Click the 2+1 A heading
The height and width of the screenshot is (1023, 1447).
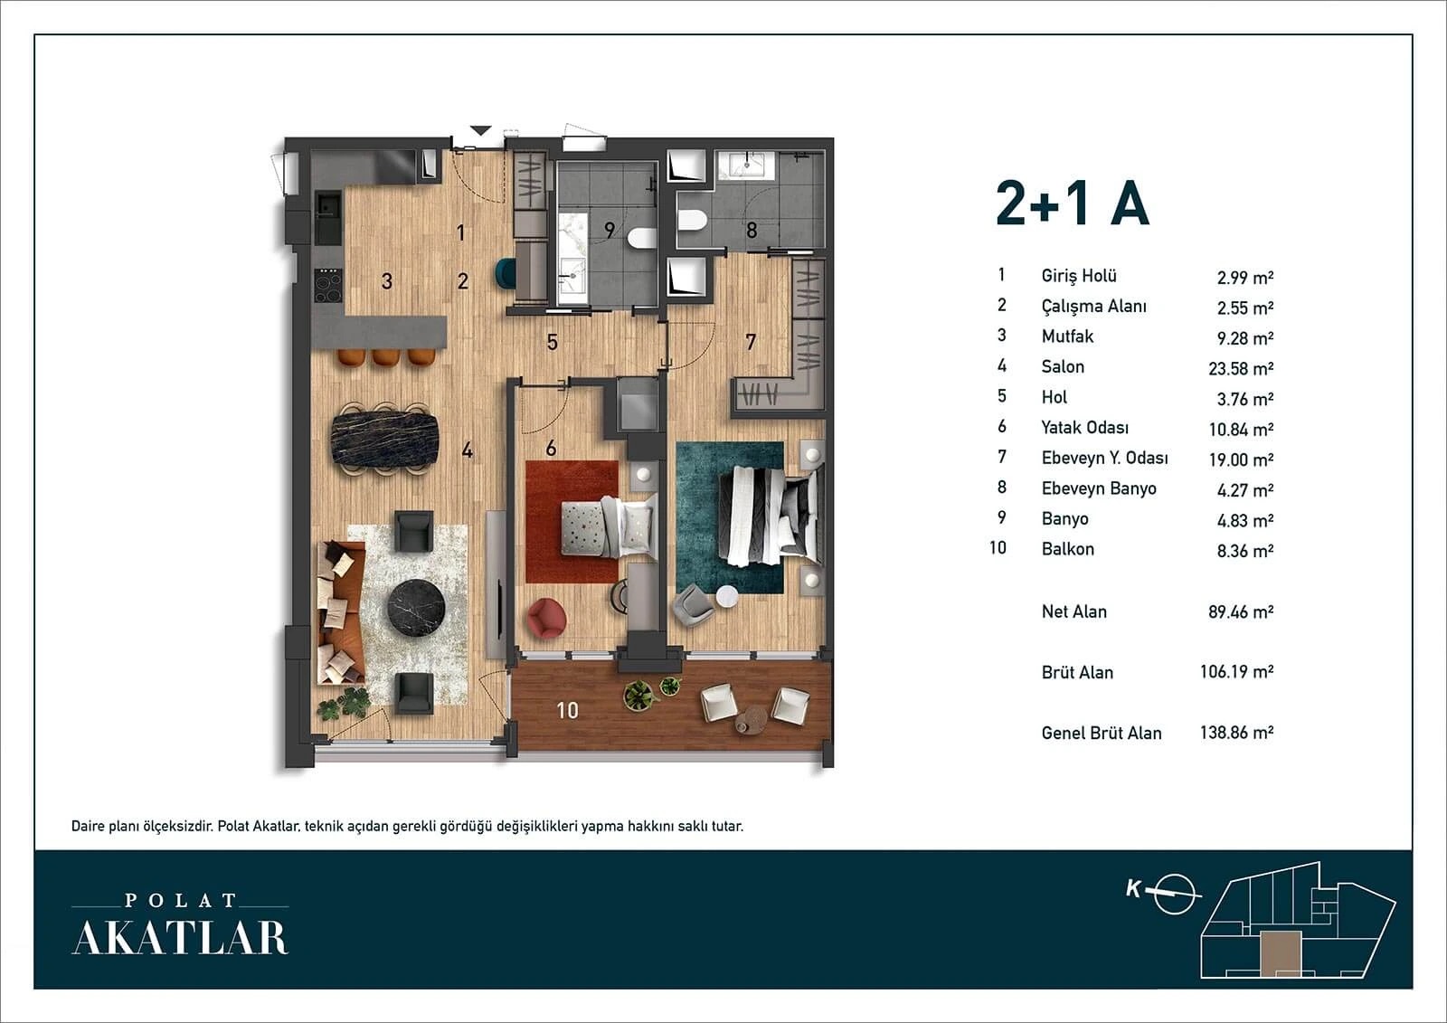(x=1073, y=203)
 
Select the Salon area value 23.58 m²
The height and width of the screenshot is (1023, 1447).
(x=1241, y=368)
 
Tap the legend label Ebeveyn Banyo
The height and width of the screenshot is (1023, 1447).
(x=1098, y=488)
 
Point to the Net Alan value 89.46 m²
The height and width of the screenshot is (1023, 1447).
(x=1241, y=611)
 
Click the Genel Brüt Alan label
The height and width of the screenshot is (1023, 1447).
(x=1102, y=733)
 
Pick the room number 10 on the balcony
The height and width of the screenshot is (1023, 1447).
(x=567, y=710)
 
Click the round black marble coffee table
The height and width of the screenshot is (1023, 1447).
(x=416, y=608)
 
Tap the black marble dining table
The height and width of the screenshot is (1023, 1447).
(x=385, y=438)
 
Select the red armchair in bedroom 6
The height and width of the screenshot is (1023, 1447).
(x=546, y=619)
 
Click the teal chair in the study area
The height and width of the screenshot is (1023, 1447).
(x=505, y=272)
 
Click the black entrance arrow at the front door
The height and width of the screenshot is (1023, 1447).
(x=480, y=130)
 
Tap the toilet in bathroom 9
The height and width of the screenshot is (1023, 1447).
(x=641, y=238)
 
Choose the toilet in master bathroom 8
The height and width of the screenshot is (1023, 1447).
(x=693, y=220)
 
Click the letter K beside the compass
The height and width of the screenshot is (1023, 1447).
(x=1133, y=889)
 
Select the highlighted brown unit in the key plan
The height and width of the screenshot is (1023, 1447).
(x=1281, y=954)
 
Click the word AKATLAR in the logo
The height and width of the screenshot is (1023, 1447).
(x=180, y=938)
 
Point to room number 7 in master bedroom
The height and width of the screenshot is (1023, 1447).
(x=750, y=342)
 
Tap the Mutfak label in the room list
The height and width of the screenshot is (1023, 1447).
(x=1067, y=336)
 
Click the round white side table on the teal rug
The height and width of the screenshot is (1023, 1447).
(x=727, y=596)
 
